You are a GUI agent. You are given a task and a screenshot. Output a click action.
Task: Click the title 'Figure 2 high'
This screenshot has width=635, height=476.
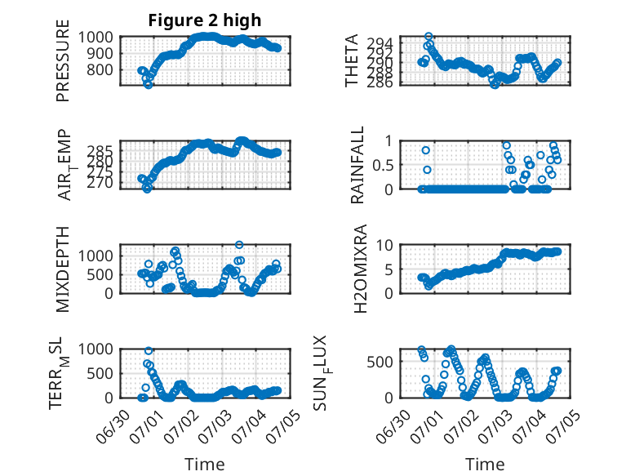(205, 20)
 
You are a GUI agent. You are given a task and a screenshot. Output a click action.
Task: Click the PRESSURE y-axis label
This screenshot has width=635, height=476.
(63, 60)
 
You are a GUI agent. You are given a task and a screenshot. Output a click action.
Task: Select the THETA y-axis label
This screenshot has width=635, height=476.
(352, 60)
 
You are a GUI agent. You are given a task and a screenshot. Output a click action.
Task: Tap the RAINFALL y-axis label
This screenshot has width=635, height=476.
(357, 165)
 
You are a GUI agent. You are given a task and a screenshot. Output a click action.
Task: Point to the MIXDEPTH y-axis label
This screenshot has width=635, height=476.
(63, 269)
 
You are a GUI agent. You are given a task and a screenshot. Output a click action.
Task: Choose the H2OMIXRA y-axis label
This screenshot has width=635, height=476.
(360, 269)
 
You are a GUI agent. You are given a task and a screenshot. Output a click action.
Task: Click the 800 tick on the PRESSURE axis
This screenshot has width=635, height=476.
(100, 69)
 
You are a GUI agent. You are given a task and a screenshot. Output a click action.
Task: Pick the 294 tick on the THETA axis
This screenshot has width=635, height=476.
(380, 43)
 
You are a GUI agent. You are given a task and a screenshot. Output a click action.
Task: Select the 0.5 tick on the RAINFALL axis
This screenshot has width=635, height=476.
(383, 165)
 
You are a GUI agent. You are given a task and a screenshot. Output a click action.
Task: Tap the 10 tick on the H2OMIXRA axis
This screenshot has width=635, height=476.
(384, 245)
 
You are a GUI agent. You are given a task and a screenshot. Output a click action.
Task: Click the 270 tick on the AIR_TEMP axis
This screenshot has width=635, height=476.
(100, 183)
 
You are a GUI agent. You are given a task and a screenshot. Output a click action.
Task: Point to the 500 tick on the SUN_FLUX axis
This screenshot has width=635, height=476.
(380, 362)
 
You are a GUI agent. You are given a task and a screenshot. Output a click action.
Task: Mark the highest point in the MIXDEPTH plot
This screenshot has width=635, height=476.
(239, 245)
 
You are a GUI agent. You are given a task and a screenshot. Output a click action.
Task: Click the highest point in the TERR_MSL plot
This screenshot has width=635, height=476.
(149, 351)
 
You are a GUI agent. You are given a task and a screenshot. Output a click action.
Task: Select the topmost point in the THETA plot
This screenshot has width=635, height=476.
(429, 37)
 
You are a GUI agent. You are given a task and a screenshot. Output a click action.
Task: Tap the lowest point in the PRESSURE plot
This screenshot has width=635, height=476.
(149, 85)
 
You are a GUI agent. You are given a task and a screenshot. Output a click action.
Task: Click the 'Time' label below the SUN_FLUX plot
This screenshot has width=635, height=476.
(485, 464)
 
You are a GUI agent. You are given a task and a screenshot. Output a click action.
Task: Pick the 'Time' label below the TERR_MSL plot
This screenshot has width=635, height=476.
(205, 464)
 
